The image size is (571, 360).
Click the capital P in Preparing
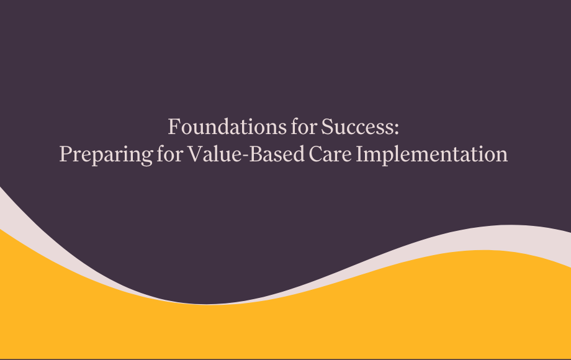click(x=65, y=153)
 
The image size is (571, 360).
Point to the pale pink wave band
click(x=497, y=239)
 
